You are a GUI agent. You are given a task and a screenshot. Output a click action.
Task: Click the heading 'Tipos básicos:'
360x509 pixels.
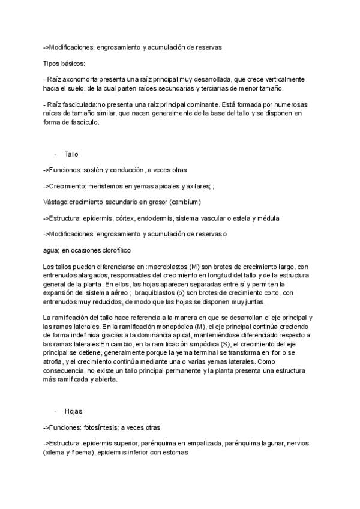[x=64, y=63]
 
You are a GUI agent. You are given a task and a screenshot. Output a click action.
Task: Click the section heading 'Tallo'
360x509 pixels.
[x=71, y=154]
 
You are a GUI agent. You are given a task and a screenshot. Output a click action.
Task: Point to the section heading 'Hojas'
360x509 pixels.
[x=73, y=411]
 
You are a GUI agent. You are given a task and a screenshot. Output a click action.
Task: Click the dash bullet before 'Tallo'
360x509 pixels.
[x=55, y=154]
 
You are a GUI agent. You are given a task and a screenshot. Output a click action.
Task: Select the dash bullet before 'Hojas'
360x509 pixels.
[x=55, y=411]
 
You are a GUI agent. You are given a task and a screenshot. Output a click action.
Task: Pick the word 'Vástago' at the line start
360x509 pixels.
[x=55, y=202]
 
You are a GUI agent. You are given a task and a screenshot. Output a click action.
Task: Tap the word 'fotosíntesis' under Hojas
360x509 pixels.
[x=105, y=427]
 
